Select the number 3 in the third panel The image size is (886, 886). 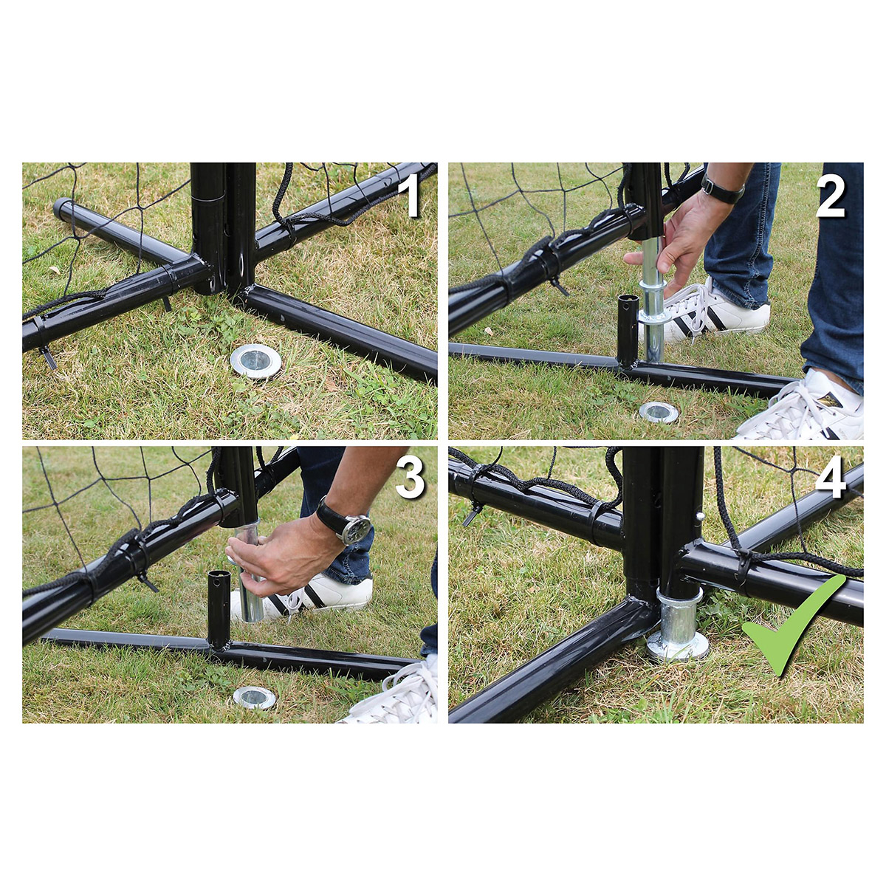coord(410,480)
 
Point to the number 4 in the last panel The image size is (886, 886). coord(831,480)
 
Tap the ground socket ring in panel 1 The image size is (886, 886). coord(255,361)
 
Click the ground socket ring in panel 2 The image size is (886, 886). coord(659,413)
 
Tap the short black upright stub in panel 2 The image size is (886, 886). coord(626,329)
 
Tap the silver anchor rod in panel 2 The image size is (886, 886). coord(653,300)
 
